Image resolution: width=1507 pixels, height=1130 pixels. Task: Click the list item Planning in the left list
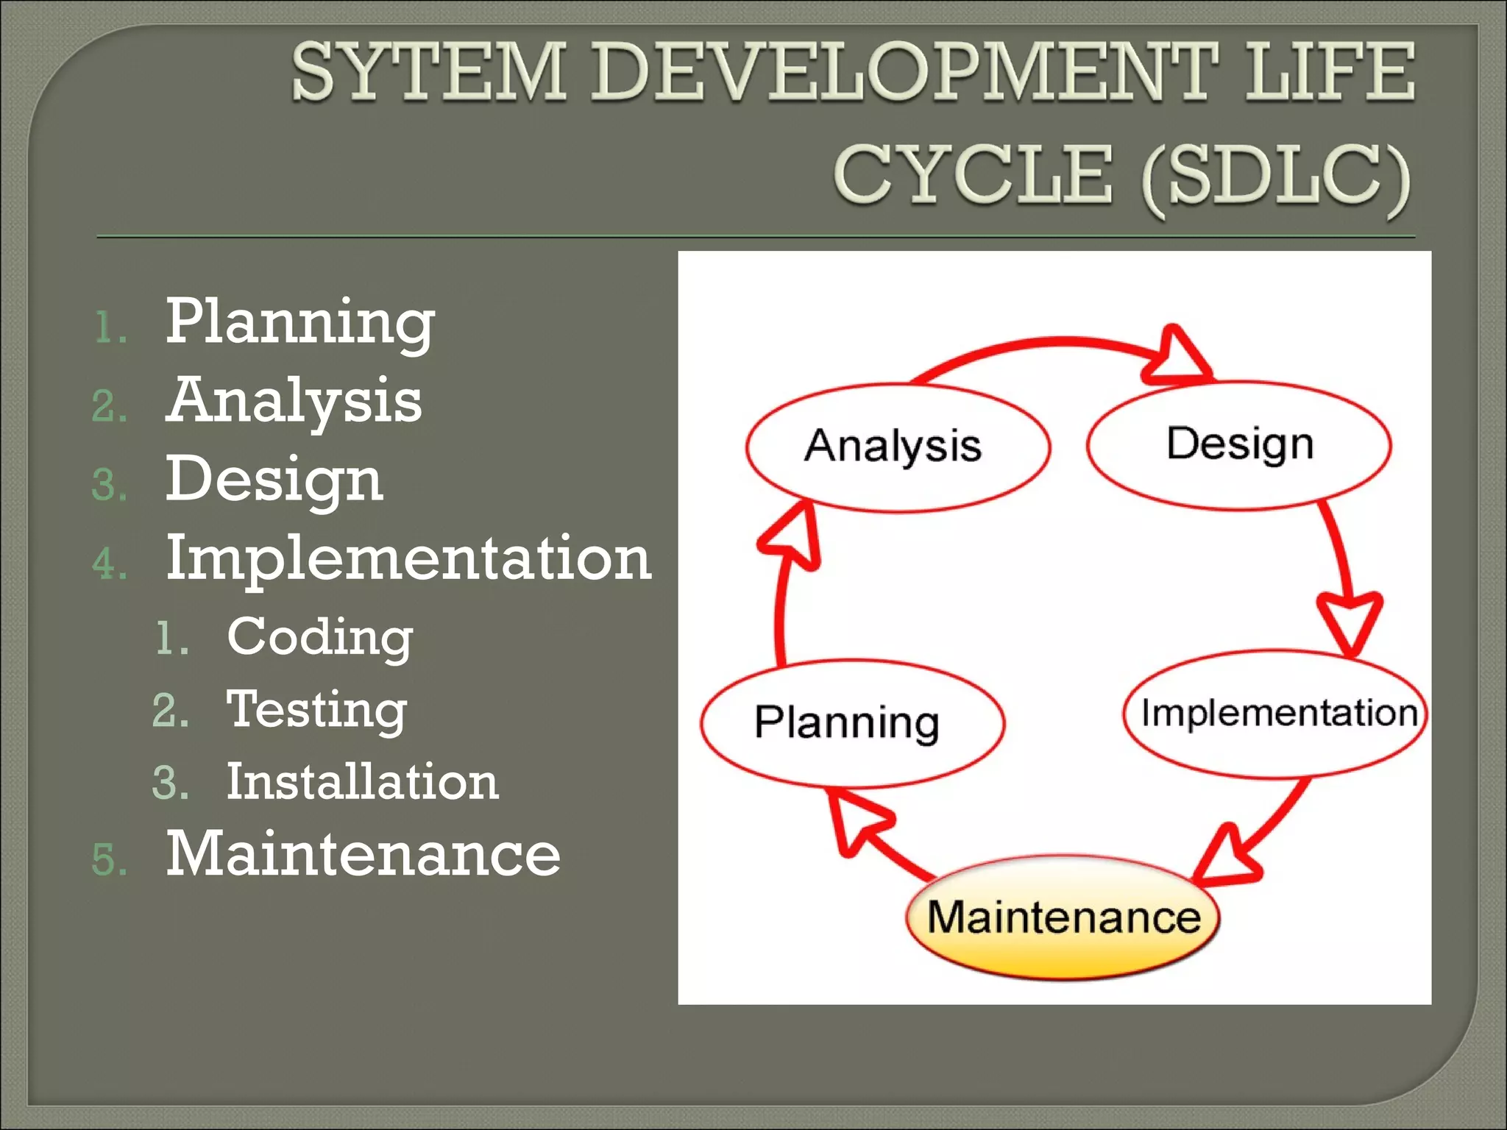(x=300, y=321)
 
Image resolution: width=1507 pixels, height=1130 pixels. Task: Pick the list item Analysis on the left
(x=294, y=401)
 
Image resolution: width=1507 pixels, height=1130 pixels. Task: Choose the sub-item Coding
(x=319, y=637)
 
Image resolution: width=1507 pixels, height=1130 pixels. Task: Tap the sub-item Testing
(x=316, y=710)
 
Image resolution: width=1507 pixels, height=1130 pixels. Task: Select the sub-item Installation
(x=362, y=781)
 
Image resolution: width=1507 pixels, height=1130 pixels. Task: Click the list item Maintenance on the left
(x=363, y=853)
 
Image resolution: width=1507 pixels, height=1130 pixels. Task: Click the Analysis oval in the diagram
(x=898, y=447)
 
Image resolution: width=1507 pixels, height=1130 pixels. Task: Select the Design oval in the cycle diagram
(x=1239, y=444)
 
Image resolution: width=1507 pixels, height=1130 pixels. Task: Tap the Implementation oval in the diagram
(x=1276, y=714)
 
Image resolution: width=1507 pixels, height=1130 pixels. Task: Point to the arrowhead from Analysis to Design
(x=1175, y=357)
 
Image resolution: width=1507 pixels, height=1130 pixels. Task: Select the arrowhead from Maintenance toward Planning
(x=857, y=822)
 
